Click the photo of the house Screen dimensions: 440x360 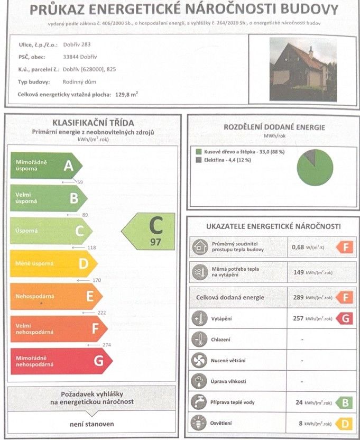(302, 69)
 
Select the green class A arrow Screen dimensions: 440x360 (47, 166)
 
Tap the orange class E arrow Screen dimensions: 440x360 (56, 297)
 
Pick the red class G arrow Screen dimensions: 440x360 (61, 361)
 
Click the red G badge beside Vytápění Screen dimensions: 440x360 (344, 319)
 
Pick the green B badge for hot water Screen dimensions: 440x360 (344, 402)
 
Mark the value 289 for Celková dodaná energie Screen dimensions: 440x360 (298, 298)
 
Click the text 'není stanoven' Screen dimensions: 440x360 (91, 424)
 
